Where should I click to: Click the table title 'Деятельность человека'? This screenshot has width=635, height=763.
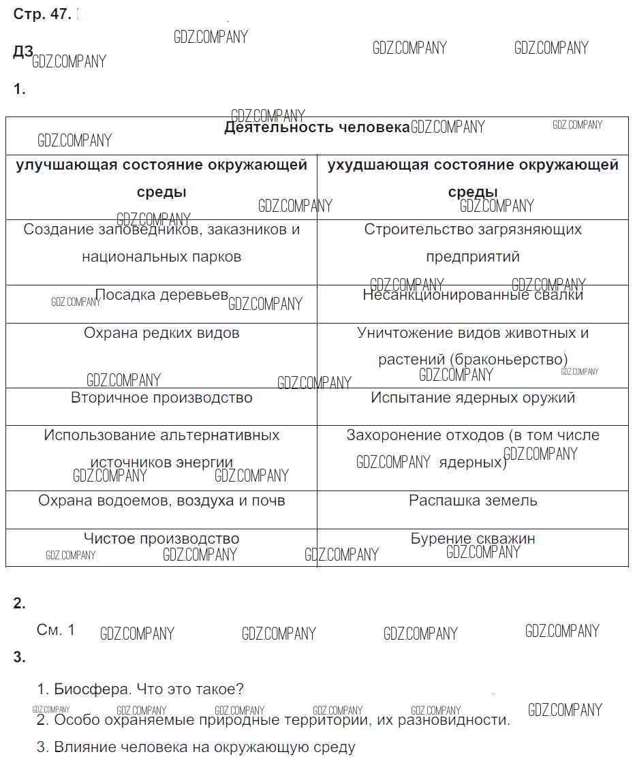[x=317, y=127]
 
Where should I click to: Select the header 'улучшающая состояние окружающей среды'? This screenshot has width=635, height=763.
[x=161, y=178]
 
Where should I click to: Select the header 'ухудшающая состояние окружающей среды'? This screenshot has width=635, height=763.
[x=473, y=178]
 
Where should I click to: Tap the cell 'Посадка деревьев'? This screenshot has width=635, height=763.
[x=161, y=295]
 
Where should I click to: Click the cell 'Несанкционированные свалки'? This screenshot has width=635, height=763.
[x=473, y=295]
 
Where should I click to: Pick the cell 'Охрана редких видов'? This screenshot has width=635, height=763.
[x=161, y=333]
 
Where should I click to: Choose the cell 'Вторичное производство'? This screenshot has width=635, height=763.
[x=161, y=397]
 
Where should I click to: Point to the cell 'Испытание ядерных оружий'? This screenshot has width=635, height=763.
[x=473, y=397]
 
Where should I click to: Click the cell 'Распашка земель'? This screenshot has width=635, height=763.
[x=473, y=501]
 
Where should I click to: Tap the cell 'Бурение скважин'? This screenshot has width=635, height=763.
[x=473, y=539]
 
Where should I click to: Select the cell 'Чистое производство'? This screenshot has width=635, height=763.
[x=161, y=539]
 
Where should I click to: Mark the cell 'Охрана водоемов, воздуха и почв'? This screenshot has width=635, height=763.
[x=161, y=501]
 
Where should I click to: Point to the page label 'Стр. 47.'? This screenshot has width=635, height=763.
[x=42, y=14]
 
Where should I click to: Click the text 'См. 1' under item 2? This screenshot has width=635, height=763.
[x=56, y=630]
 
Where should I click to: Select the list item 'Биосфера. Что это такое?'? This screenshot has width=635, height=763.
[x=140, y=689]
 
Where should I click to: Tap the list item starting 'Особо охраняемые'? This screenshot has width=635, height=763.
[x=273, y=719]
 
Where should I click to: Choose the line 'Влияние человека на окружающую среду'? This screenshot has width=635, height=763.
[x=196, y=747]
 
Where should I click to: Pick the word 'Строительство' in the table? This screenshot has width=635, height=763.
[x=413, y=229]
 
